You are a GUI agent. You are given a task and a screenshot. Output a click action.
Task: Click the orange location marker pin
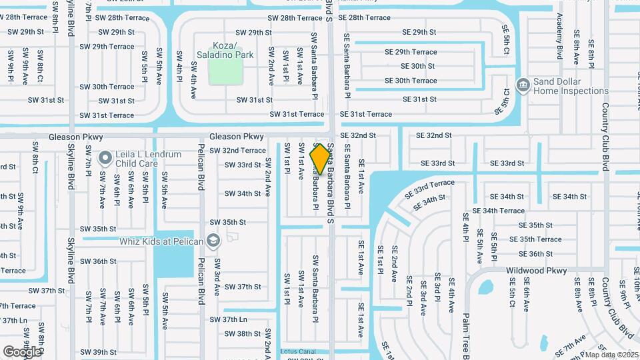tap(321, 159)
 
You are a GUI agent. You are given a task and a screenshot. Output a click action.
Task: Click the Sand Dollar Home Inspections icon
tap(523, 85)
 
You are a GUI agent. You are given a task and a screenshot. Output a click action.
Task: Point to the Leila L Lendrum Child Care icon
tap(105, 158)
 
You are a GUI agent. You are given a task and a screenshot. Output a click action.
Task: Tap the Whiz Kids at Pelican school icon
tap(213, 241)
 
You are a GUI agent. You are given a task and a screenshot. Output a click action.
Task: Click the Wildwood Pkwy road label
tap(537, 271)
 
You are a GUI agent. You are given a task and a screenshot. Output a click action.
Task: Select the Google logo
tap(22, 351)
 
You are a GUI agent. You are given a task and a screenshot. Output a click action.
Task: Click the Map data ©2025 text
tap(611, 355)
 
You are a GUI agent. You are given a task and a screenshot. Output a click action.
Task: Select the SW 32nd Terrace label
tap(237, 151)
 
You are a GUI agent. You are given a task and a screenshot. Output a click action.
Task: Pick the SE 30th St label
tap(417, 66)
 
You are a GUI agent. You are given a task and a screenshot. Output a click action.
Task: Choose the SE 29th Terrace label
tap(411, 52)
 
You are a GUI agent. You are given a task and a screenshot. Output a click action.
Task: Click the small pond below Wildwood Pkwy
tap(486, 287)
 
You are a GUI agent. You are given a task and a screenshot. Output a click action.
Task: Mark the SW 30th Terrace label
tap(107, 87)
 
